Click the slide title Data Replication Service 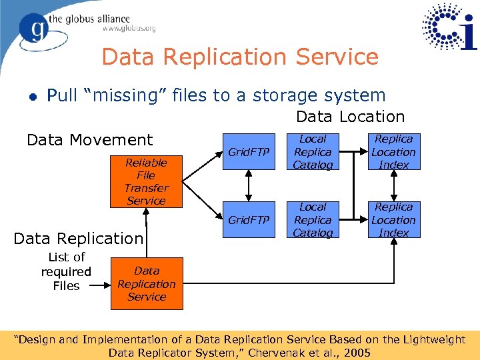(240, 57)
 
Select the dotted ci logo (448, 27)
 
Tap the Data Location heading (350, 117)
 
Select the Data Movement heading (89, 140)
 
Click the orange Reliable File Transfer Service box (146, 181)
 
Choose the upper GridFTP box (249, 152)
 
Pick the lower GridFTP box (249, 220)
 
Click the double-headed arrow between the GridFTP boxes (249, 186)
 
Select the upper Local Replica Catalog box (313, 152)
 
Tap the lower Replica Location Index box (393, 220)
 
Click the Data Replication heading (78, 239)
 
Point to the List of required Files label (66, 271)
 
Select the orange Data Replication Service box (146, 284)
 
